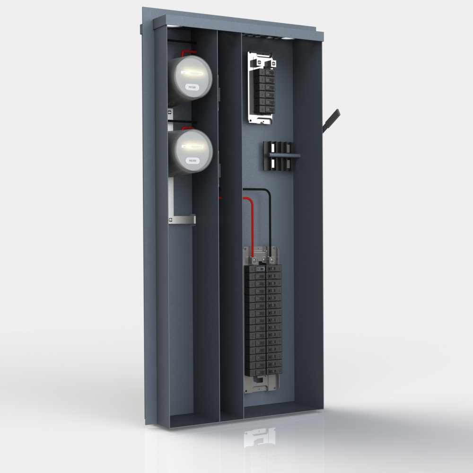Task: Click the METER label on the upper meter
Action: coord(192,88)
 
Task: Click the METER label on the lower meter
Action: coord(192,161)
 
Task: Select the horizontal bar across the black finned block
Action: coord(282,154)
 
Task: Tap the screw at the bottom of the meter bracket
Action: coord(170,219)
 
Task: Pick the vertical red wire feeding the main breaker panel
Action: coord(252,227)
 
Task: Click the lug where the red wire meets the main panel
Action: coord(254,260)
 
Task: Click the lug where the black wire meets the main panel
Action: coord(270,260)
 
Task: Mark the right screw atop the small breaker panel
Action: coord(273,62)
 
